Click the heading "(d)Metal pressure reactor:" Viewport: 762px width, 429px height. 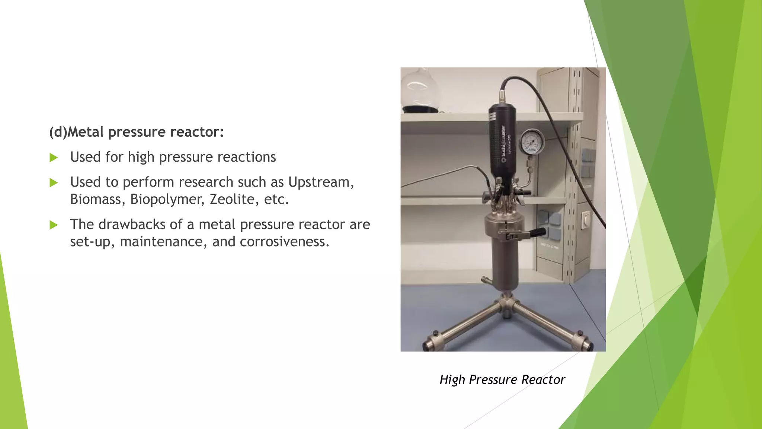(136, 132)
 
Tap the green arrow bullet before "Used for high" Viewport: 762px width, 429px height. (54, 158)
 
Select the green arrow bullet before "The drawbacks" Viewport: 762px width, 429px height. (54, 225)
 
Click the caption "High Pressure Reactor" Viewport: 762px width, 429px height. (502, 379)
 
